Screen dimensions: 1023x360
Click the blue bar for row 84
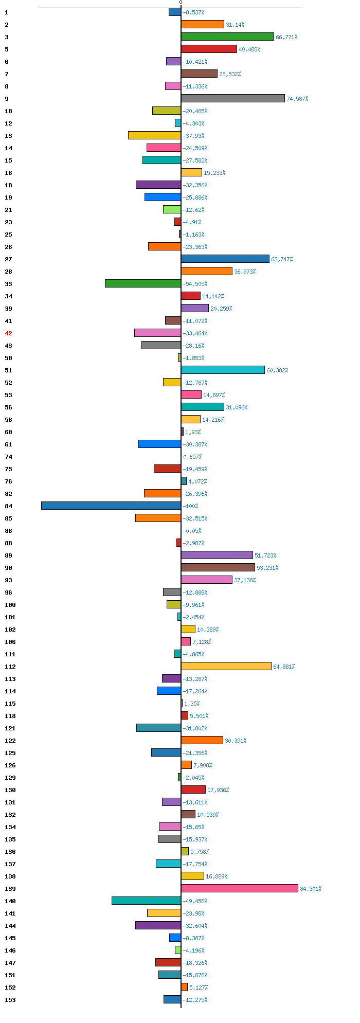(111, 506)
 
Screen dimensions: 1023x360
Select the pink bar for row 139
(240, 888)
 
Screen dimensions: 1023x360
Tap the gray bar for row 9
(233, 98)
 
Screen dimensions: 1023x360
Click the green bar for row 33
(143, 283)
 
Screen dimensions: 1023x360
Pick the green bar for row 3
(227, 37)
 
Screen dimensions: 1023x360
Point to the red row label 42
(8, 333)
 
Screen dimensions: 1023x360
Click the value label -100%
(191, 506)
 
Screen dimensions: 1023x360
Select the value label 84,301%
(311, 889)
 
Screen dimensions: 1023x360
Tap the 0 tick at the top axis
(181, 3)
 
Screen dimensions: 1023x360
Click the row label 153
(10, 1000)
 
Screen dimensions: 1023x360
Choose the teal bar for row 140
(147, 901)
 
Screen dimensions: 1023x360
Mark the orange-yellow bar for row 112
(226, 666)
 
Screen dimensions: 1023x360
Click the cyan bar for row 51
(223, 370)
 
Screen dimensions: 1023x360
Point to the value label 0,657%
(192, 457)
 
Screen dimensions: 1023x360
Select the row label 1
(7, 12)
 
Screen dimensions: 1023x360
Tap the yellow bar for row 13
(155, 135)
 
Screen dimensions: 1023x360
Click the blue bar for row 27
(225, 259)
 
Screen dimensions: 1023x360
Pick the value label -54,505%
(195, 284)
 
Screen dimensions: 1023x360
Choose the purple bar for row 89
(217, 555)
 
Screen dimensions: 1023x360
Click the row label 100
(10, 605)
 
